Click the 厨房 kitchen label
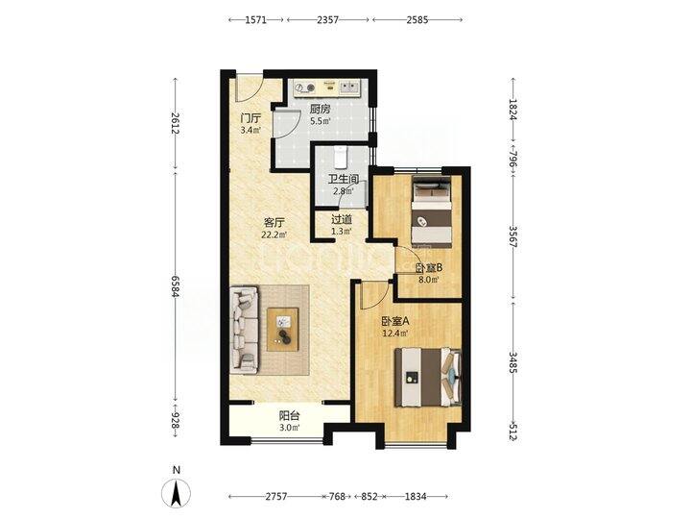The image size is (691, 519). [x=320, y=109]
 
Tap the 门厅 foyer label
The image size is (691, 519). [x=250, y=118]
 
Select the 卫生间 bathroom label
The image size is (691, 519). [x=344, y=179]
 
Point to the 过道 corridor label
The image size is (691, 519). [x=342, y=219]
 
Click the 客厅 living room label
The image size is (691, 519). [x=274, y=223]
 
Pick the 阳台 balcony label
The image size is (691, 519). [x=290, y=415]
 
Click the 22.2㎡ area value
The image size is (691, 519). [x=274, y=235]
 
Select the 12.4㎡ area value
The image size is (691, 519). [x=395, y=334]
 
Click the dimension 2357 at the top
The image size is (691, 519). [x=328, y=20]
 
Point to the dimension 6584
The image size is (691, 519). [x=176, y=287]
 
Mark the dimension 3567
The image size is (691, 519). [x=512, y=237]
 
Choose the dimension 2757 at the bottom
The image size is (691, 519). [x=276, y=497]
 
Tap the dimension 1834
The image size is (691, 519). [x=416, y=497]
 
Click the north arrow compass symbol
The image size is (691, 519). [x=177, y=492]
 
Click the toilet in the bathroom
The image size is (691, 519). [x=341, y=157]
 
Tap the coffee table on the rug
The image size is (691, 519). [x=282, y=330]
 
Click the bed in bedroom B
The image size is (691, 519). [x=432, y=210]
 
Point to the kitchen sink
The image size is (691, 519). [x=349, y=86]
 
